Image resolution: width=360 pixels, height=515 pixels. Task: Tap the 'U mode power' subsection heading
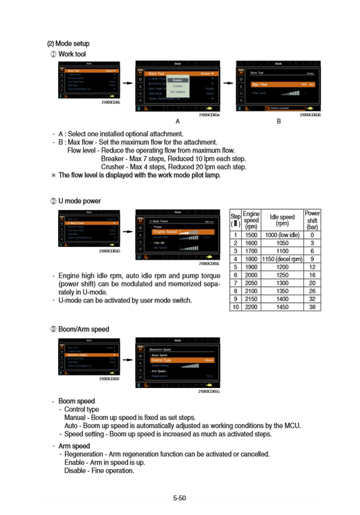74,201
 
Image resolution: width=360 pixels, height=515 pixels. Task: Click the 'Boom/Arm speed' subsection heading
78,329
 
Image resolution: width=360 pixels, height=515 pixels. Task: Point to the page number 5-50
179,498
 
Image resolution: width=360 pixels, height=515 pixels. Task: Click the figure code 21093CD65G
209,391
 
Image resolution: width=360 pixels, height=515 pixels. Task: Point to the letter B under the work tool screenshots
278,121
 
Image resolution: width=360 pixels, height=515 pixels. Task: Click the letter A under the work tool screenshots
177,121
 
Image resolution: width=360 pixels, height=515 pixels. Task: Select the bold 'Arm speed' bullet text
74,446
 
